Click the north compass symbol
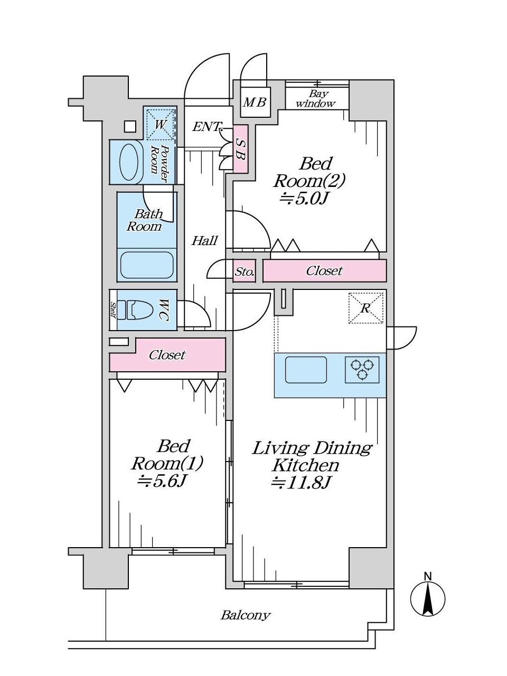click(428, 598)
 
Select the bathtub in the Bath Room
click(147, 265)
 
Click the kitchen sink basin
click(306, 370)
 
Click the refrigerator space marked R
click(365, 308)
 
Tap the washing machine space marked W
click(160, 125)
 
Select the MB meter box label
click(255, 102)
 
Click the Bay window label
click(316, 99)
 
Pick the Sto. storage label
click(244, 273)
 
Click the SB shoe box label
click(240, 148)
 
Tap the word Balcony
click(245, 615)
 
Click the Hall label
click(204, 241)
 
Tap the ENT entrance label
click(206, 127)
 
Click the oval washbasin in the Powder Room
click(130, 162)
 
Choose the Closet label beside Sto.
click(324, 271)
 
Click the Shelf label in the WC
click(113, 310)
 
